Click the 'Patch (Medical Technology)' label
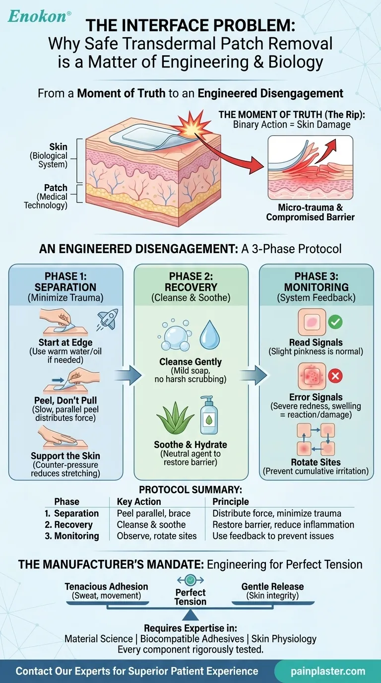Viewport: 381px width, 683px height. (x=48, y=197)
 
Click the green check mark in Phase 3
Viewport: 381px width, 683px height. (x=335, y=322)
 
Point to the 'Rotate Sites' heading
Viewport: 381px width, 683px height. (x=315, y=462)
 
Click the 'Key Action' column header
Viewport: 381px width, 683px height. (x=138, y=502)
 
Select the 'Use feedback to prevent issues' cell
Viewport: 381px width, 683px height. (x=273, y=536)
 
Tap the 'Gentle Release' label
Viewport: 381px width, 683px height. (x=272, y=587)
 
